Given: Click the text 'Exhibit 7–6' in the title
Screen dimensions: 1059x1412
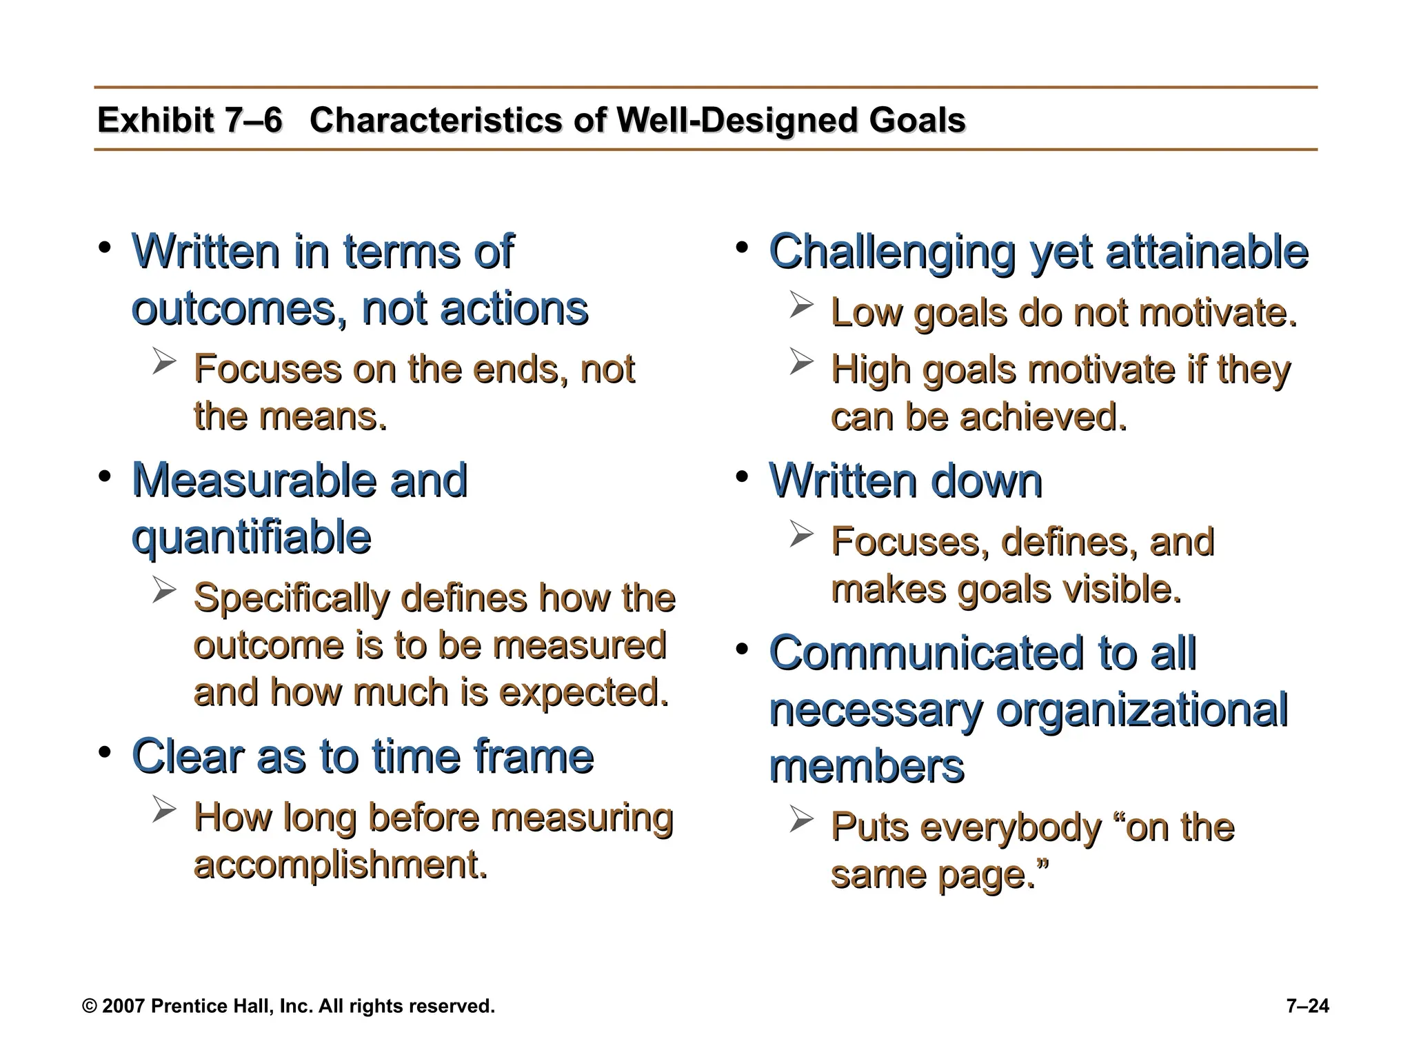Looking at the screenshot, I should pos(190,121).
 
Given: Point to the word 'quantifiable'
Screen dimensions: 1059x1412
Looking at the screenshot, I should pos(251,537).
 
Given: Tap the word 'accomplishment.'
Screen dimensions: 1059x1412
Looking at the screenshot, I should pos(341,864).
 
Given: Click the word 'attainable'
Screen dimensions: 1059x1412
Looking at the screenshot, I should pos(1207,252).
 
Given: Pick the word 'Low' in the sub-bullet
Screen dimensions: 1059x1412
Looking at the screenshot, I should pos(866,313).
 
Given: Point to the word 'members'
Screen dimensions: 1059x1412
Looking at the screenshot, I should pos(866,767).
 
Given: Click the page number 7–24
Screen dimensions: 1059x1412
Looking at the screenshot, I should pos(1307,1007).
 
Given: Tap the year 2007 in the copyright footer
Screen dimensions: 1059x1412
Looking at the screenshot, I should pos(123,1007).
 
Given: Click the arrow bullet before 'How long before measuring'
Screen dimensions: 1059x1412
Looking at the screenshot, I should pos(164,809).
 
